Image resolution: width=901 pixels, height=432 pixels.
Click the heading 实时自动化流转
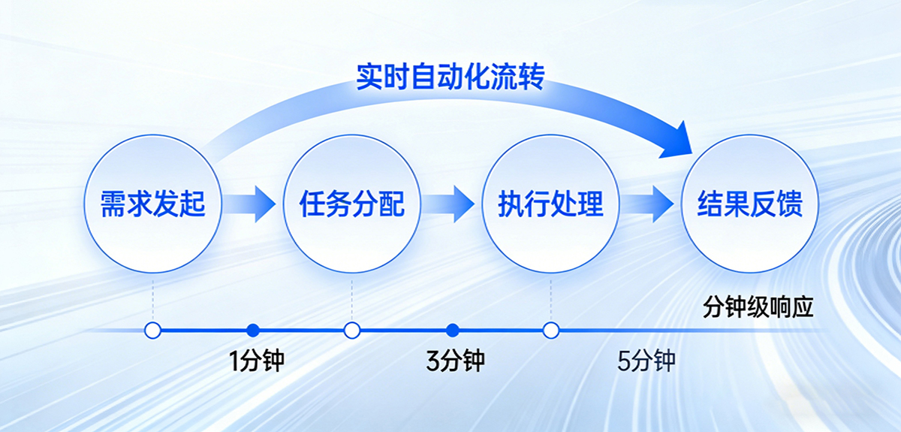point(450,77)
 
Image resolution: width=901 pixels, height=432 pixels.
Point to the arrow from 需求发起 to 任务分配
point(252,204)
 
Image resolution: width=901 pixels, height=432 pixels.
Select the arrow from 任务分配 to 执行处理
point(451,204)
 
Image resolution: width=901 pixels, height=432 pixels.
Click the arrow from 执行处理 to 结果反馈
point(650,204)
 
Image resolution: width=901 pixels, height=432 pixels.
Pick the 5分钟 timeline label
point(646,361)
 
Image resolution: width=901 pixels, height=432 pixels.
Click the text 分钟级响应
point(758,307)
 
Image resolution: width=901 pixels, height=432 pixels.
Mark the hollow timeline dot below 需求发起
point(152,330)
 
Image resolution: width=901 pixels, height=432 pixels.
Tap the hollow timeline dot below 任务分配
point(351,330)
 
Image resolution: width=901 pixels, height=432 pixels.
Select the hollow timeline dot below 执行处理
point(551,330)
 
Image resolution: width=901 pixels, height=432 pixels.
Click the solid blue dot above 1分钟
point(253,330)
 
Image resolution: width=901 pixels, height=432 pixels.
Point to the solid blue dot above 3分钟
point(452,330)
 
